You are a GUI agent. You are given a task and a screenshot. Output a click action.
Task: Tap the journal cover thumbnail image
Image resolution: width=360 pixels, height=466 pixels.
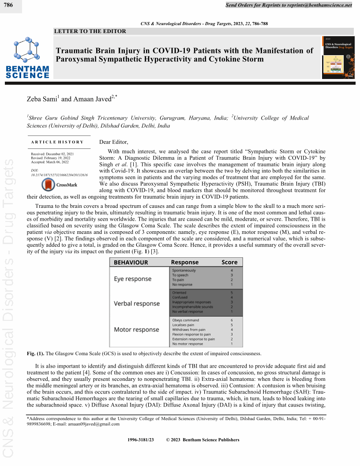pos(337,57)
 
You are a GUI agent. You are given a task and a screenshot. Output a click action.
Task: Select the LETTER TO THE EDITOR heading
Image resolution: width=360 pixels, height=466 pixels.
pos(90,31)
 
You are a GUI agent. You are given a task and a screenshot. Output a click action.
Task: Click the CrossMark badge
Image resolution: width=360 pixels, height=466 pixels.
pos(59,185)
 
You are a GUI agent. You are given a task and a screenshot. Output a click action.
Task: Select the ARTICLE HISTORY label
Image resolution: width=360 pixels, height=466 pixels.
pos(57,142)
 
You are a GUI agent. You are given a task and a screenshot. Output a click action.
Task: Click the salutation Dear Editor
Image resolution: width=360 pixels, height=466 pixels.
pos(114,142)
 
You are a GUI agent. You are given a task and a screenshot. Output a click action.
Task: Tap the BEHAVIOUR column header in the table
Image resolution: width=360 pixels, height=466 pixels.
pos(131,263)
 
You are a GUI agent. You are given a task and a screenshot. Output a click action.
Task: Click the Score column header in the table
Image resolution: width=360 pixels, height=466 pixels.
pos(229,263)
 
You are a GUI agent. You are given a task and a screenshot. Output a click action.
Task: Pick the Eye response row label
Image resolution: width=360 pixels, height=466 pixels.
pos(132,279)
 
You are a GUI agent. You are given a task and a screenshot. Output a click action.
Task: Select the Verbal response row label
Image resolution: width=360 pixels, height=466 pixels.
pos(137,304)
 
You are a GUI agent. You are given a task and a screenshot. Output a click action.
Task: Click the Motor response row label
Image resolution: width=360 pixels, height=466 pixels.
pos(136,330)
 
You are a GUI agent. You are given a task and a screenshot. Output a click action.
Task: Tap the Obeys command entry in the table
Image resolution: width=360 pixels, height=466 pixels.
pos(185,320)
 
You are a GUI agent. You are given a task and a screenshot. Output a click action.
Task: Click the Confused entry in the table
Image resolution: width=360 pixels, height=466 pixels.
pos(179,298)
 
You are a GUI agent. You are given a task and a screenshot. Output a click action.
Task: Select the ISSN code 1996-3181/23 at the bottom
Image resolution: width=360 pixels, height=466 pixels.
pos(140,440)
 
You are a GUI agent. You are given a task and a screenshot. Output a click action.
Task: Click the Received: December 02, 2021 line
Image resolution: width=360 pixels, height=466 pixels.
pos(52,154)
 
